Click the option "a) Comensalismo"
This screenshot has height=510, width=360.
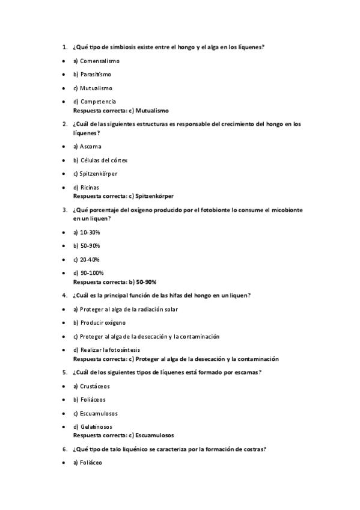96,61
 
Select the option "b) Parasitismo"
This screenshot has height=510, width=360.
92,75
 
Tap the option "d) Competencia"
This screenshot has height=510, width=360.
94,102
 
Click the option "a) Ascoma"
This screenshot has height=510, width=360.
87,146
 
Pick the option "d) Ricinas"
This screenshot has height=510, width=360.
86,187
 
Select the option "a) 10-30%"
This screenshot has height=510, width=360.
87,232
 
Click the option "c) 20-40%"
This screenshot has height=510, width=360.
87,259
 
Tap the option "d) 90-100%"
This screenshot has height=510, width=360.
88,272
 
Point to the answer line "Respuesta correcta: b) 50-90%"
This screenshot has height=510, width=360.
115,281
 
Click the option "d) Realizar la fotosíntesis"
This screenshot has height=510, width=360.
106,349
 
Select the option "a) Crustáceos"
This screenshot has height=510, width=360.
91,386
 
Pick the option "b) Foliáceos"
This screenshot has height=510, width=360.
89,399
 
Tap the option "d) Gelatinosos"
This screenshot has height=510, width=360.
93,426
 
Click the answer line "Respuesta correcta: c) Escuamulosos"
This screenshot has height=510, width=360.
123,435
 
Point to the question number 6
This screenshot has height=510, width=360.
64,449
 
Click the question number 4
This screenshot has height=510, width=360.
64,295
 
